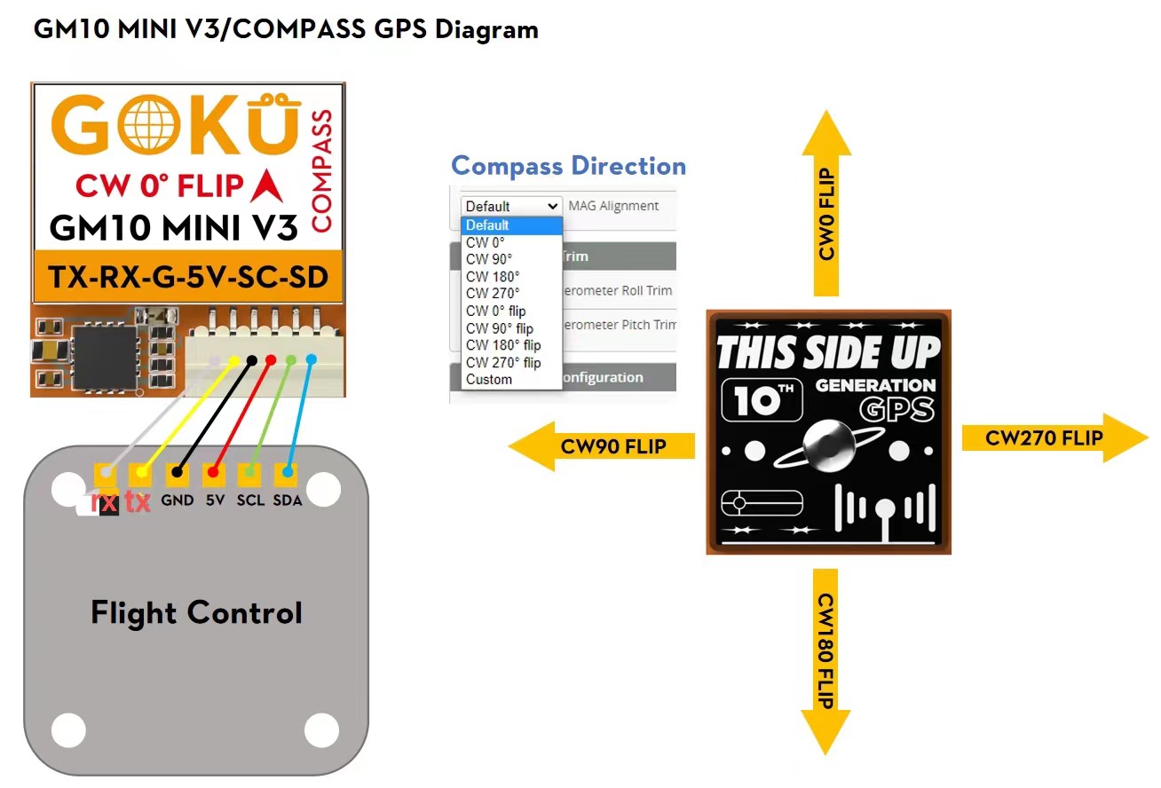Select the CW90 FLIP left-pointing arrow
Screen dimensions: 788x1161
(604, 445)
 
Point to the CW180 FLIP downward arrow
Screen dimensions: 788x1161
(825, 658)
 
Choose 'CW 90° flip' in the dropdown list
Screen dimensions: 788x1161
(500, 328)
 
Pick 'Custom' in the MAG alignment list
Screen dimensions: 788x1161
(489, 380)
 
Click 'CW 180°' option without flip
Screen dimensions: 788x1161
(493, 276)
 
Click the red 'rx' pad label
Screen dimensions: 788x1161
(106, 502)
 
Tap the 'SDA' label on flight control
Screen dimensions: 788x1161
(287, 500)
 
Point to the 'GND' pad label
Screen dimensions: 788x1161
(178, 500)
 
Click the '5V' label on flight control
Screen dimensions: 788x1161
(215, 500)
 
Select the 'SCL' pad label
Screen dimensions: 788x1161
(250, 500)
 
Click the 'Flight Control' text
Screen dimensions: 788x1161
(197, 612)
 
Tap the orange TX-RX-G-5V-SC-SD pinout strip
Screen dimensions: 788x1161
(188, 278)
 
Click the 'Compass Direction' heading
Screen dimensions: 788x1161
(568, 166)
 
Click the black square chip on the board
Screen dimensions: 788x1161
(105, 355)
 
